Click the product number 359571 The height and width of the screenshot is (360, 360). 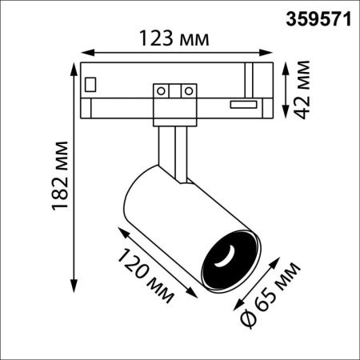pos(318,19)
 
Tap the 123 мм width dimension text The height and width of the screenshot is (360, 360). pos(174,38)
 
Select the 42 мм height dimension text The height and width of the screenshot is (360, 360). pos(302,90)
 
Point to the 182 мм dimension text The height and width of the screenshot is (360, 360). pos(60,176)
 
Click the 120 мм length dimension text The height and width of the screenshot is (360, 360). pos(146,275)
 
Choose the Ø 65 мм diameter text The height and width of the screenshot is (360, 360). pos(270,294)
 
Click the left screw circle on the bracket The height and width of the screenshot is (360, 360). pos(161,91)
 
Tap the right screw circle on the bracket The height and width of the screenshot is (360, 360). pos(189,91)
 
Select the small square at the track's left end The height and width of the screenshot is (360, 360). pos(90,85)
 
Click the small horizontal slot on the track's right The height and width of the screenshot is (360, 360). pos(244,105)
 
